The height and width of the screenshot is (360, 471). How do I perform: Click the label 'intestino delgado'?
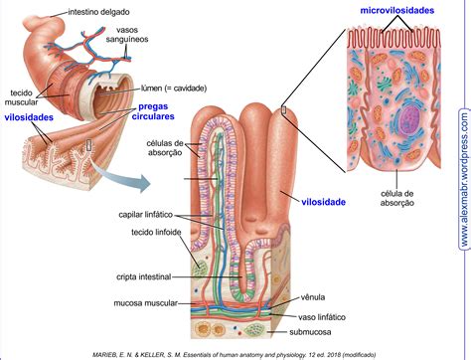click(98, 12)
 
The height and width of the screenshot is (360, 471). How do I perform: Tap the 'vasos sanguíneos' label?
click(127, 35)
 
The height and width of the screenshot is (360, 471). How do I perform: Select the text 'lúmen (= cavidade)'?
click(174, 89)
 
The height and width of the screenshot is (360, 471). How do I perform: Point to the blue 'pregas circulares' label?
click(153, 111)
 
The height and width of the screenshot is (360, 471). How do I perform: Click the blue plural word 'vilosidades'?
click(29, 117)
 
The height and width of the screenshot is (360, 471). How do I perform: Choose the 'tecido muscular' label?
click(21, 97)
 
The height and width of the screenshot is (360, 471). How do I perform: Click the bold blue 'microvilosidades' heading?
click(397, 11)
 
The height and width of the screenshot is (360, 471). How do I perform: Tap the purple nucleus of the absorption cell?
click(409, 118)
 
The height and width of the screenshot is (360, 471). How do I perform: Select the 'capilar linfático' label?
click(146, 215)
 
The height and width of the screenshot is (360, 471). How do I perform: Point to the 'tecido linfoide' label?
click(156, 232)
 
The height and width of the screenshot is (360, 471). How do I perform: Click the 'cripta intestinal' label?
click(144, 276)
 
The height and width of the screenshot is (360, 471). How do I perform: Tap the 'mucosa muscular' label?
click(146, 303)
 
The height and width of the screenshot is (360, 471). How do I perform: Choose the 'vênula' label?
click(313, 297)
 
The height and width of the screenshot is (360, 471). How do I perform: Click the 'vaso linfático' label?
click(322, 317)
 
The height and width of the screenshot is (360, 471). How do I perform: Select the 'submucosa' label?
click(310, 332)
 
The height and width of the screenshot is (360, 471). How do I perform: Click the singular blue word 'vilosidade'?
click(324, 202)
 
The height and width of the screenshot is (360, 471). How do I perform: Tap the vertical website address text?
click(465, 179)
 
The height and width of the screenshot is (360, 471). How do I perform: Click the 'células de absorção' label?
click(165, 148)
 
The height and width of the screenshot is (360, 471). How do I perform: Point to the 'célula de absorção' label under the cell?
click(397, 198)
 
